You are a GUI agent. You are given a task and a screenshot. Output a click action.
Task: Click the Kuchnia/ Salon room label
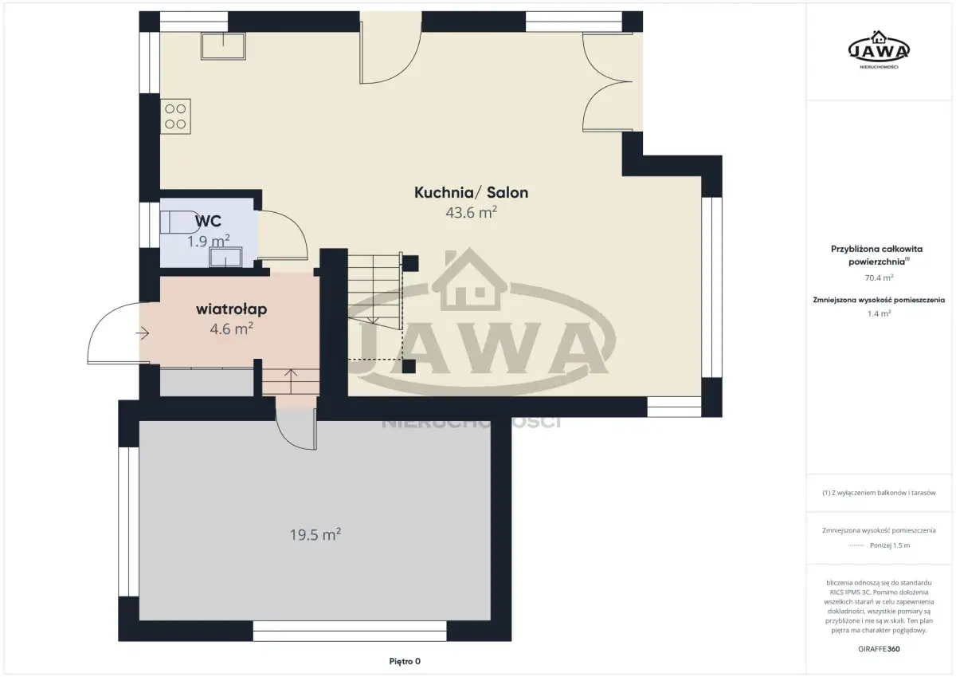[471, 193]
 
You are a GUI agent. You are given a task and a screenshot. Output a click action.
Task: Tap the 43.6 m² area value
[471, 212]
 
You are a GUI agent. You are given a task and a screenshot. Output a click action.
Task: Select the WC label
[208, 221]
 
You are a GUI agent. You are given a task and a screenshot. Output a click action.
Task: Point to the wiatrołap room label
[231, 309]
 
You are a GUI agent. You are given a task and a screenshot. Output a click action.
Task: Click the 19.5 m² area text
[315, 534]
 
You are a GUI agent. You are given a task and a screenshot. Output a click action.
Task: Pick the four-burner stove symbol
[175, 116]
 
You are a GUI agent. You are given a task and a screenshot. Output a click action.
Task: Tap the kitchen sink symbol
[223, 45]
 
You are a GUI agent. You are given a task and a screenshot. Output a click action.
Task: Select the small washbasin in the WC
[225, 258]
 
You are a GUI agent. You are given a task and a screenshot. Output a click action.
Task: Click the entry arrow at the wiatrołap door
[142, 333]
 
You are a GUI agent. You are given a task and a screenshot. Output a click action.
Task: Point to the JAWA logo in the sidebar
[879, 50]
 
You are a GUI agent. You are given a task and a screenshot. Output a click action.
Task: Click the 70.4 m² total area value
[879, 277]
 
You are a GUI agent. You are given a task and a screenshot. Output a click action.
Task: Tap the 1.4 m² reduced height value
[879, 313]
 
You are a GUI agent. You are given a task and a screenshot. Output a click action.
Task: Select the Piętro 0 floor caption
[405, 661]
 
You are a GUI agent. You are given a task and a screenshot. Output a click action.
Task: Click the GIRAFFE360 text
[879, 649]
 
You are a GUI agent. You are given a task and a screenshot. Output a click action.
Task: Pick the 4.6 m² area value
[231, 329]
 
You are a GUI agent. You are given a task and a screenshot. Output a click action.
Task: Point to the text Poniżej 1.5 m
[890, 545]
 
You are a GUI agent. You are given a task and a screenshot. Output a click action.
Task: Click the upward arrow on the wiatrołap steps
[291, 381]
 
